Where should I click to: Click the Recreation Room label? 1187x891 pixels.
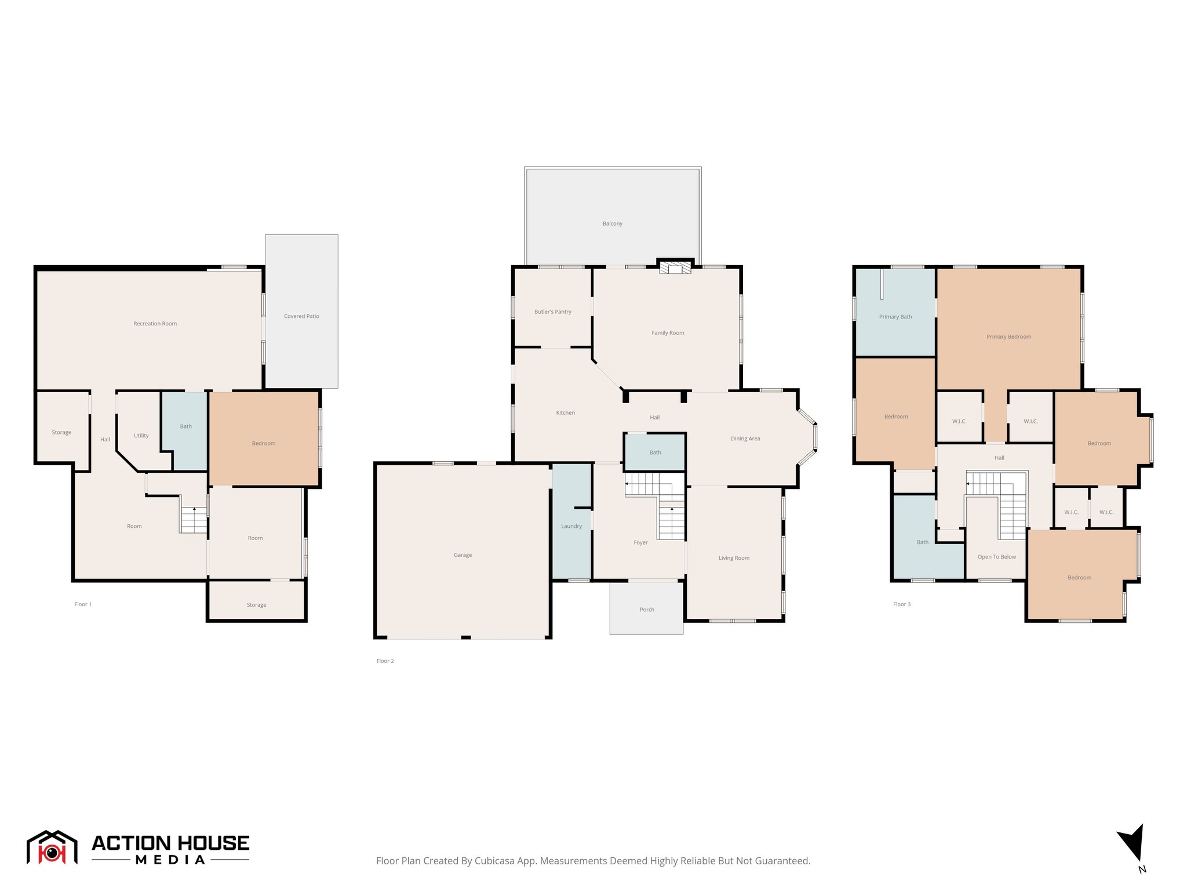[155, 324]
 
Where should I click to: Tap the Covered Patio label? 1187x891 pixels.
[301, 316]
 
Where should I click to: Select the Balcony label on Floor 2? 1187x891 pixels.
[612, 223]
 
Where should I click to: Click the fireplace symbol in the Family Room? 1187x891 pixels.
[675, 268]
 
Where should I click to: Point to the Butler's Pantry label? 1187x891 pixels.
[552, 312]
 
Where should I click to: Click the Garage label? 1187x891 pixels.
[463, 555]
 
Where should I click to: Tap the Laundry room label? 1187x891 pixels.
[571, 526]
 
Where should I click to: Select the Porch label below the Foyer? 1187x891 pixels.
[647, 610]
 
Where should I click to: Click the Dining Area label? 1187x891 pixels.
[745, 439]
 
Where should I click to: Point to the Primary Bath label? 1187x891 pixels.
[895, 317]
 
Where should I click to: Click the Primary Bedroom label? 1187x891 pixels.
[1008, 336]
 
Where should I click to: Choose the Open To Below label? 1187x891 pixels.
[996, 557]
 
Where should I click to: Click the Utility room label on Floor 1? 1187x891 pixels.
[141, 436]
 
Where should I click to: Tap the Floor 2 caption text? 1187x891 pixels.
[385, 661]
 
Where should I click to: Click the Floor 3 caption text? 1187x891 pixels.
[901, 604]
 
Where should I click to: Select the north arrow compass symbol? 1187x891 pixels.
[1133, 843]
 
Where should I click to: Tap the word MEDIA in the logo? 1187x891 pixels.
[170, 860]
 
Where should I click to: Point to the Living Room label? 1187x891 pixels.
[734, 558]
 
